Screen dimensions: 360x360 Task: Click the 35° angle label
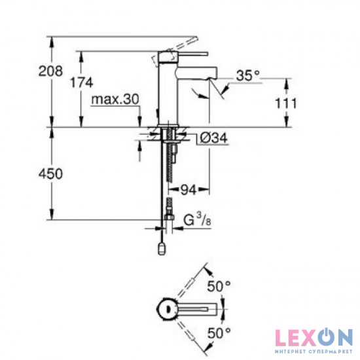point(247,77)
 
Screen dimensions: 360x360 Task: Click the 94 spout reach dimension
point(189,190)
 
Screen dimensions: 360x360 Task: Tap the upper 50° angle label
point(219,286)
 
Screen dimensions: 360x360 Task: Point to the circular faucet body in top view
point(167,308)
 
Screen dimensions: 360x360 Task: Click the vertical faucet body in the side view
point(168,92)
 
